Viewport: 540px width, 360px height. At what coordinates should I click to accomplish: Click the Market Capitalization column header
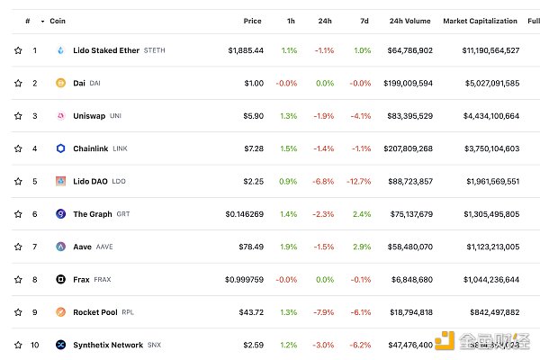[x=481, y=21]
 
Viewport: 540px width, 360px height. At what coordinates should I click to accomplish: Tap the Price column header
[x=252, y=21]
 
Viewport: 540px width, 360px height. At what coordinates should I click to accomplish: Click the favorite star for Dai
[x=18, y=83]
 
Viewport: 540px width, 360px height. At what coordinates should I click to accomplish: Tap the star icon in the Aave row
[x=18, y=246]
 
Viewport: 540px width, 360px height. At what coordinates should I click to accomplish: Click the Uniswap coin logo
[x=61, y=116]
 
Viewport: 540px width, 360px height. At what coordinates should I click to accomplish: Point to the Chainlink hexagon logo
[x=61, y=148]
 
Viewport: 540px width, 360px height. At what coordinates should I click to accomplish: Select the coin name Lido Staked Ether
[x=106, y=50]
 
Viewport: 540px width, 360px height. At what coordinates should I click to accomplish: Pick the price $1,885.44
[x=246, y=50]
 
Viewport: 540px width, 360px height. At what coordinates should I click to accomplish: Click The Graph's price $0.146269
[x=245, y=214]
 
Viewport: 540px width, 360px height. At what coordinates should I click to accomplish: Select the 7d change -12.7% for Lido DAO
[x=358, y=181]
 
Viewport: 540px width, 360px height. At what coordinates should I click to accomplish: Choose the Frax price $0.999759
[x=245, y=279]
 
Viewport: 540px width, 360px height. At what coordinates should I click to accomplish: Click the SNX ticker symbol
[x=156, y=345]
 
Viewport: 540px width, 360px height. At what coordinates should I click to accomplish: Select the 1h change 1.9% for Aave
[x=289, y=246]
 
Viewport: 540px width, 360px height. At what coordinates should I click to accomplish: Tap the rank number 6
[x=35, y=214]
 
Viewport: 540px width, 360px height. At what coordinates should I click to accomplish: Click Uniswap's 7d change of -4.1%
[x=360, y=116]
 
